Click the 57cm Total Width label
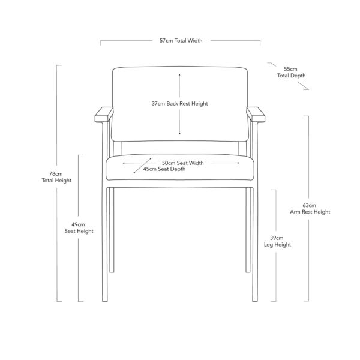tap(181, 41)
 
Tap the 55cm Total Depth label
tap(291, 73)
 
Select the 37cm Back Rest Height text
tap(179, 104)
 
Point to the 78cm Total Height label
tap(56, 177)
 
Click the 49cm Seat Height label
tap(79, 228)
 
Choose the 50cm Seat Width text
tap(183, 163)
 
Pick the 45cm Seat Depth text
tap(164, 169)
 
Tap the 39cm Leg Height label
tap(277, 241)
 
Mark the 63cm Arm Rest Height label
tap(310, 208)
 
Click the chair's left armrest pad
tap(104, 115)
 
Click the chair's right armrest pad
tap(256, 115)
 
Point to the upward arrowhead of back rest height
tap(179, 74)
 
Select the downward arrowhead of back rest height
tap(179, 134)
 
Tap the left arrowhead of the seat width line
tap(124, 163)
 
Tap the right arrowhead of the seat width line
tap(238, 163)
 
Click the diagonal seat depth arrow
tap(143, 166)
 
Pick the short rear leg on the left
tap(112, 230)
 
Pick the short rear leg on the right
tap(248, 230)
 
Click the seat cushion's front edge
tap(180, 180)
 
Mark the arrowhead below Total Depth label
tap(307, 89)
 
